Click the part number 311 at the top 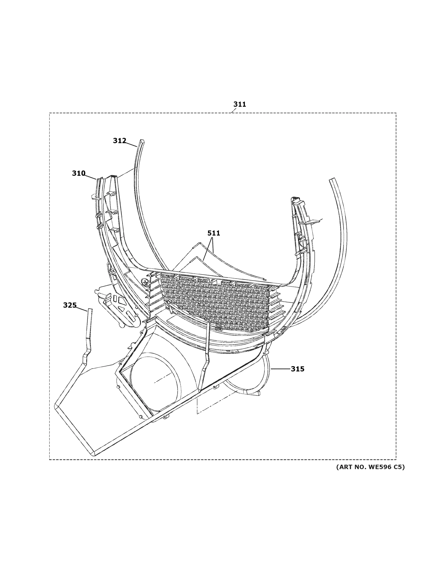click(x=240, y=104)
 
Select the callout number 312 click(x=119, y=141)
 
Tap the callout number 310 click(x=79, y=173)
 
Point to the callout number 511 click(x=214, y=233)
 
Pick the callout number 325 click(x=70, y=305)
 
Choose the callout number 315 click(x=298, y=369)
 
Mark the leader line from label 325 click(x=82, y=309)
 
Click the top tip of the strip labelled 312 click(x=142, y=141)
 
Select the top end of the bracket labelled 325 click(x=90, y=310)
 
